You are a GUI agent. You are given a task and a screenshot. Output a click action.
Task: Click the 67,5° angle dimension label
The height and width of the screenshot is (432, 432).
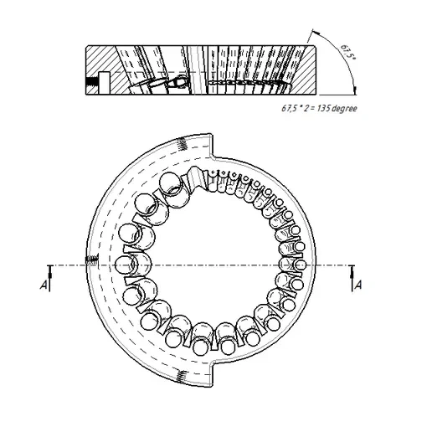(348, 52)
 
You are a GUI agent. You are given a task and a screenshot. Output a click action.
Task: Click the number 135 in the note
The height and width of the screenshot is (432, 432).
(323, 108)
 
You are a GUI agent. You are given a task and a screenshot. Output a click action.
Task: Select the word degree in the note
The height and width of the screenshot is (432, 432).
(344, 108)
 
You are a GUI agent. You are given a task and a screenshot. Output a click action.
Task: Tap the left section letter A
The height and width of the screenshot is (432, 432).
(44, 285)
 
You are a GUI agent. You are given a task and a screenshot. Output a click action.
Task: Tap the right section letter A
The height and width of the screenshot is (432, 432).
(358, 285)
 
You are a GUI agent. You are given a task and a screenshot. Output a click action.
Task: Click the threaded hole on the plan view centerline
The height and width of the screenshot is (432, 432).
(92, 260)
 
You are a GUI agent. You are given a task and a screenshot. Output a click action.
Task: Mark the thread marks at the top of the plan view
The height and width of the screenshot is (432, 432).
(183, 144)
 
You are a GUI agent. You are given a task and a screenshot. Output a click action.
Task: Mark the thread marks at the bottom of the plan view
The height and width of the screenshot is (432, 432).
(182, 377)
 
